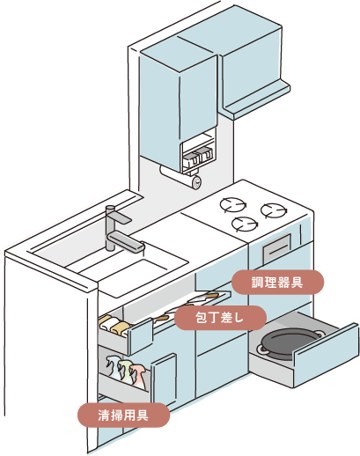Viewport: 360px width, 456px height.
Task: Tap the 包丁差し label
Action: tap(219, 317)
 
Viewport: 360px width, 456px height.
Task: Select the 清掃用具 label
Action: tap(122, 412)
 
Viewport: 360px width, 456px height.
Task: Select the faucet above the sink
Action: tap(118, 228)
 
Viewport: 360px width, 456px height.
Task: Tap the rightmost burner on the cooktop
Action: tap(274, 212)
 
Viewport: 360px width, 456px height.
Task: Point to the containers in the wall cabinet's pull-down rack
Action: tap(199, 157)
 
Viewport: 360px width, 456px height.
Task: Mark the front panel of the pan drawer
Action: tap(326, 354)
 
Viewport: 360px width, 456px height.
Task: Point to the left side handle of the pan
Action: tap(259, 350)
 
